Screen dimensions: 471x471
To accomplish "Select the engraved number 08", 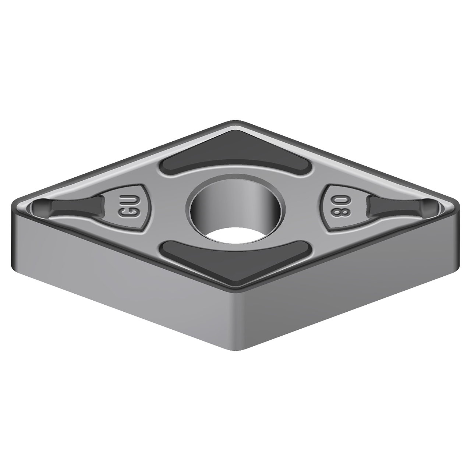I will point(336,209).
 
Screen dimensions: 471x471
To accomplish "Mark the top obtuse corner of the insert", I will point(235,122).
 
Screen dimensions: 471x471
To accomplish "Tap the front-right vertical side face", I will point(350,291).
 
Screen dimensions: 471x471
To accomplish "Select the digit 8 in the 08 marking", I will point(336,213).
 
